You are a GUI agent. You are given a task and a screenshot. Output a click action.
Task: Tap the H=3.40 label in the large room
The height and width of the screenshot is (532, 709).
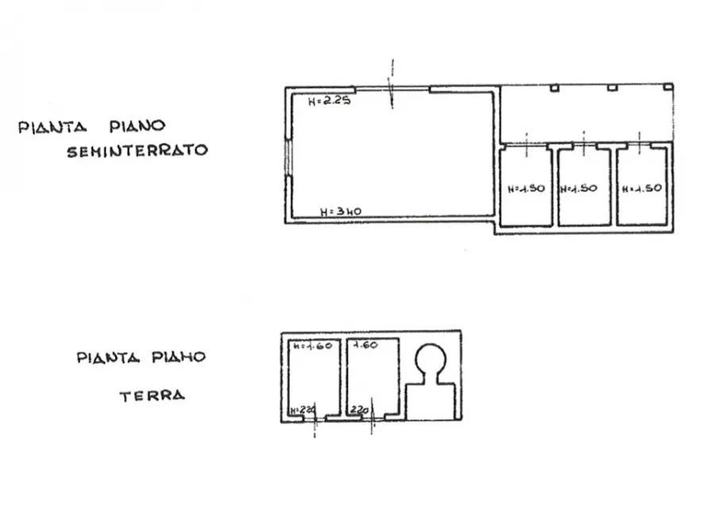point(341,211)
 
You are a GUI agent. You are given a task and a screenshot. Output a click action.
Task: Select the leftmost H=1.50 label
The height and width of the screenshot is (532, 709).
point(525,189)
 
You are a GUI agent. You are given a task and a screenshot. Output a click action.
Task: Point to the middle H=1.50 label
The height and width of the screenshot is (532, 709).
point(578,189)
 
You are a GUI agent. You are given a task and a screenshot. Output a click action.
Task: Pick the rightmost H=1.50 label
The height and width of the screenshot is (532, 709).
point(642,189)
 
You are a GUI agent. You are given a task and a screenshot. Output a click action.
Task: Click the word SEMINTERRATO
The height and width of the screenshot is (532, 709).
point(137,150)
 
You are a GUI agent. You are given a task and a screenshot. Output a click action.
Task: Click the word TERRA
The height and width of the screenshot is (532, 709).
point(152,395)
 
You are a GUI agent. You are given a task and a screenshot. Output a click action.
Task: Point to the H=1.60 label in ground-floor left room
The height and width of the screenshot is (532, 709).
point(311,347)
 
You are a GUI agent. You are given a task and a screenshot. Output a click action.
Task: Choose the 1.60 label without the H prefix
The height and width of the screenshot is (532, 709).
point(365,345)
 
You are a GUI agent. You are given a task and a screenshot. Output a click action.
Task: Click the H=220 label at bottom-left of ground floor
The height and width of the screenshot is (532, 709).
point(302,410)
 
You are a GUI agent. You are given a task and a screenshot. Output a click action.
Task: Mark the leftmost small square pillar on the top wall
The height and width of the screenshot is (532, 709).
point(554,87)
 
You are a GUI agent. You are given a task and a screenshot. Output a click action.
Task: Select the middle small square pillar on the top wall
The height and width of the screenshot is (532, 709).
point(612,87)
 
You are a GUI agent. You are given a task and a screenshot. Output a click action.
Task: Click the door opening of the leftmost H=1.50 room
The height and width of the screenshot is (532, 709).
point(526,145)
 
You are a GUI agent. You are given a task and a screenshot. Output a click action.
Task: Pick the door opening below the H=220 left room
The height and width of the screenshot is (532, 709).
point(315,419)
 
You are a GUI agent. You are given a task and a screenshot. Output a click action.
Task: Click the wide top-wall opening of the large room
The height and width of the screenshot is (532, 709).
point(391,89)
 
